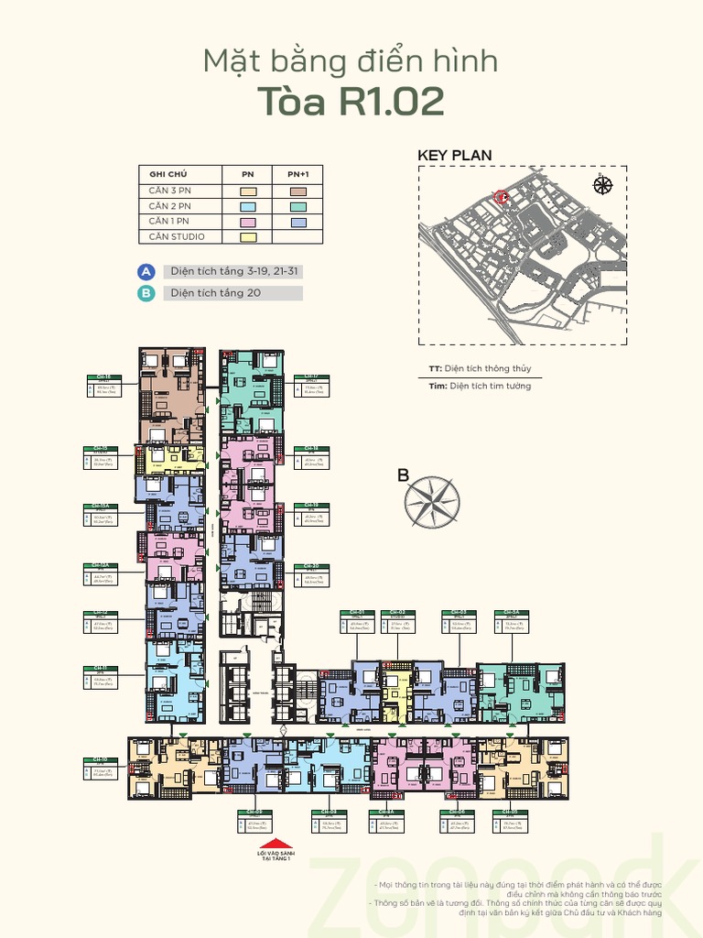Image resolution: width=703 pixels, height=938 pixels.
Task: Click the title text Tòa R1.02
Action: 351,103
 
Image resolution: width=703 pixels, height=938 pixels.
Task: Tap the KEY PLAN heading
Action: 454,156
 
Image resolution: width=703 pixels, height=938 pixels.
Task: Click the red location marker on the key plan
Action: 500,197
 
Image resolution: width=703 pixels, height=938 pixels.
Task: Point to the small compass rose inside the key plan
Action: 602,185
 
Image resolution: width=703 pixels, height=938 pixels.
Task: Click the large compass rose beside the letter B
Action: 432,502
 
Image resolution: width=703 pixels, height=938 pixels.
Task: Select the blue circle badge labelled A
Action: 146,272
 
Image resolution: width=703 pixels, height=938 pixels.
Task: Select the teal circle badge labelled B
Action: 146,294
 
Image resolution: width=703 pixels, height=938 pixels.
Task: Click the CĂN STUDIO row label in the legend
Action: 177,237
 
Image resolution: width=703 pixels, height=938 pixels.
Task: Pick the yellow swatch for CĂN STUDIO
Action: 248,237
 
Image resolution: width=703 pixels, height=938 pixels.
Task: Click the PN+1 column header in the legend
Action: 298,174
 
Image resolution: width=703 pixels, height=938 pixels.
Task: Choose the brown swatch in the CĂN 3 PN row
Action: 298,191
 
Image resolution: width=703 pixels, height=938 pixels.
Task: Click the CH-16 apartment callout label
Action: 103,376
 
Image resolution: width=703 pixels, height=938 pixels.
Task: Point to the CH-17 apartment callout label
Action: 311,376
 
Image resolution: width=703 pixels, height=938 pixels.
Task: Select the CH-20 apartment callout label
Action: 311,566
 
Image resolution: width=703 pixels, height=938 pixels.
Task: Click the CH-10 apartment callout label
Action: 100,759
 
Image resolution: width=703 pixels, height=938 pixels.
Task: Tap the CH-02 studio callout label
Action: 397,612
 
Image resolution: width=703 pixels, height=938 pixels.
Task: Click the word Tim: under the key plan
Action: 438,387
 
